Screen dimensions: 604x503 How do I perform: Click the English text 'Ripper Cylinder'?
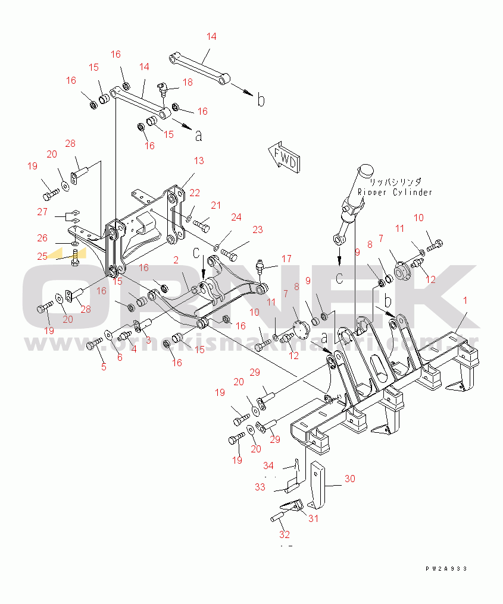[395, 193]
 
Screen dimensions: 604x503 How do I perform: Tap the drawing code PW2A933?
[446, 569]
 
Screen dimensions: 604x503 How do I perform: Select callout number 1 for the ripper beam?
[465, 301]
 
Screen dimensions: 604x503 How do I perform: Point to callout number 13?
[198, 161]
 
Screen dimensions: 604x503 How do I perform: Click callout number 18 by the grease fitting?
[188, 82]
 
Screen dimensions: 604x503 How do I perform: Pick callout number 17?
[286, 259]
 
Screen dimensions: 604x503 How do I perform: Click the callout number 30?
[349, 478]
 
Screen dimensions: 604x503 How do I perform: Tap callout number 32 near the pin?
[285, 534]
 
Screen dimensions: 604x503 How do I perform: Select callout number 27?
[42, 212]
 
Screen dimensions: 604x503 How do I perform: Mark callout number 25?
[42, 256]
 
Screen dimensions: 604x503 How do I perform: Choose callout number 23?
[257, 229]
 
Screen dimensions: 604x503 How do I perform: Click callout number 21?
[215, 205]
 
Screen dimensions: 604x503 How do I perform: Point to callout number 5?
[104, 367]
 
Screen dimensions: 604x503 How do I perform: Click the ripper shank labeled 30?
[318, 485]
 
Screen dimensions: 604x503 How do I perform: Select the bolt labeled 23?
[229, 254]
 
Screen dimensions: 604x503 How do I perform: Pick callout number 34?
[268, 465]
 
